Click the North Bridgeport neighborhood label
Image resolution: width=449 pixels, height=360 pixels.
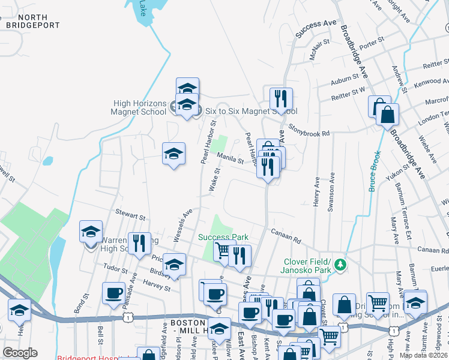[x=33, y=21]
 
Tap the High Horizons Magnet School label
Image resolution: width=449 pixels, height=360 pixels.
[x=139, y=107]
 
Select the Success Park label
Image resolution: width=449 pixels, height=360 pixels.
[x=223, y=237]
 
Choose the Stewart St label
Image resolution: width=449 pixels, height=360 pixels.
[x=131, y=215]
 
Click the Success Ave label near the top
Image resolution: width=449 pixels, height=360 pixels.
[x=316, y=31]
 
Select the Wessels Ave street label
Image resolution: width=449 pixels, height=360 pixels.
[x=182, y=226]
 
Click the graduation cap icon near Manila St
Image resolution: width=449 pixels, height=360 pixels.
[x=173, y=154]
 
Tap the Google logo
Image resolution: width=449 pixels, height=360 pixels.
[x=20, y=352]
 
